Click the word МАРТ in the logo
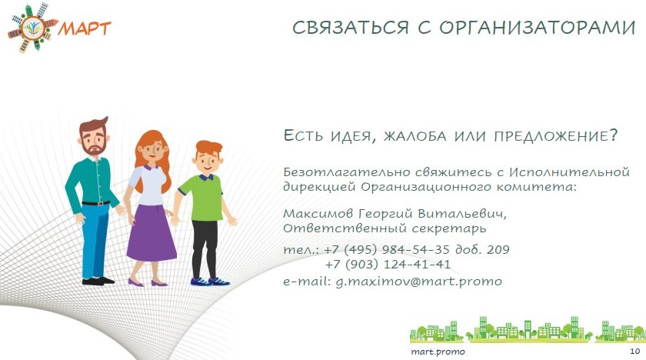[x=85, y=28]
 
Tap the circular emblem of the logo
[x=33, y=28]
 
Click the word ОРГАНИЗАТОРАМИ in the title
[x=538, y=28]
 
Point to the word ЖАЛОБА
[x=415, y=136]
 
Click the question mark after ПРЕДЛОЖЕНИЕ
[x=614, y=135]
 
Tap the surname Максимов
[x=318, y=214]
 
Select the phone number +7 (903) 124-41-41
[x=388, y=265]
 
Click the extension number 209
[x=498, y=249]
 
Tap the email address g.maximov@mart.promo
[x=418, y=282]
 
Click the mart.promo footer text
[x=438, y=352]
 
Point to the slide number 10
[x=635, y=351]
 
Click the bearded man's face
[x=94, y=139]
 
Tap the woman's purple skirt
[x=152, y=233]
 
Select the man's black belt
[x=95, y=203]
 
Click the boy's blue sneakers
[x=210, y=282]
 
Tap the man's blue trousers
[x=95, y=241]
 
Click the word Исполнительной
[x=569, y=172]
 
